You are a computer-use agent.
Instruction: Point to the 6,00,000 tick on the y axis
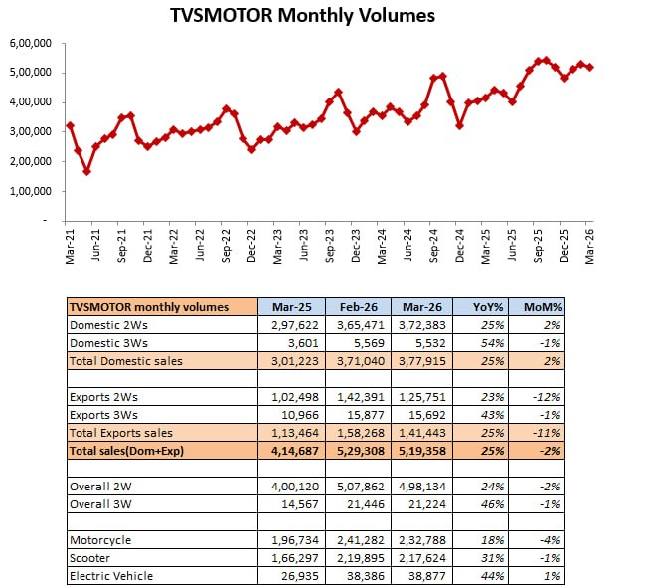tap(32, 43)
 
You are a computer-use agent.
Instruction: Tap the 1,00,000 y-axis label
tap(32, 191)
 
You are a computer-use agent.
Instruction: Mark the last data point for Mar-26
tap(590, 67)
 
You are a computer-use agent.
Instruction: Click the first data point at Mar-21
tap(70, 125)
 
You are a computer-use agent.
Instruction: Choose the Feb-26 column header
tap(356, 306)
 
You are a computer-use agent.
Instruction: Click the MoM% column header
tap(558, 306)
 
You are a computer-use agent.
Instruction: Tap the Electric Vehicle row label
tap(112, 576)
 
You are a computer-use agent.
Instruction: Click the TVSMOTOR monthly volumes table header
tap(149, 306)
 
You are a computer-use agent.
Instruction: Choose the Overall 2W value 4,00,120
tap(291, 487)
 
